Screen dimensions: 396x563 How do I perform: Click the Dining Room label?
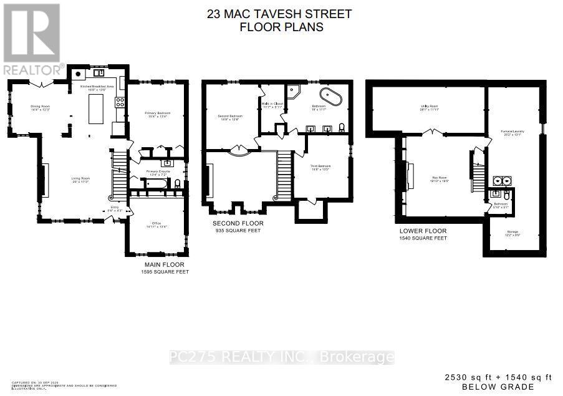pos(40,108)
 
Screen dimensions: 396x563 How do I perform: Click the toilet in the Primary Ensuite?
pos(178,183)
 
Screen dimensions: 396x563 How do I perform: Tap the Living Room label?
pos(79,179)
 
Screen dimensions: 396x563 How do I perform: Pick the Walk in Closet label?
pos(272,105)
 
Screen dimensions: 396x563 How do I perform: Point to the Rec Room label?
pos(439,179)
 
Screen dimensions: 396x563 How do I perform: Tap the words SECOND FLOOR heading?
pos(238,223)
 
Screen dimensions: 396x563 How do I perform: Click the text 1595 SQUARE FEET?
pos(165,272)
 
